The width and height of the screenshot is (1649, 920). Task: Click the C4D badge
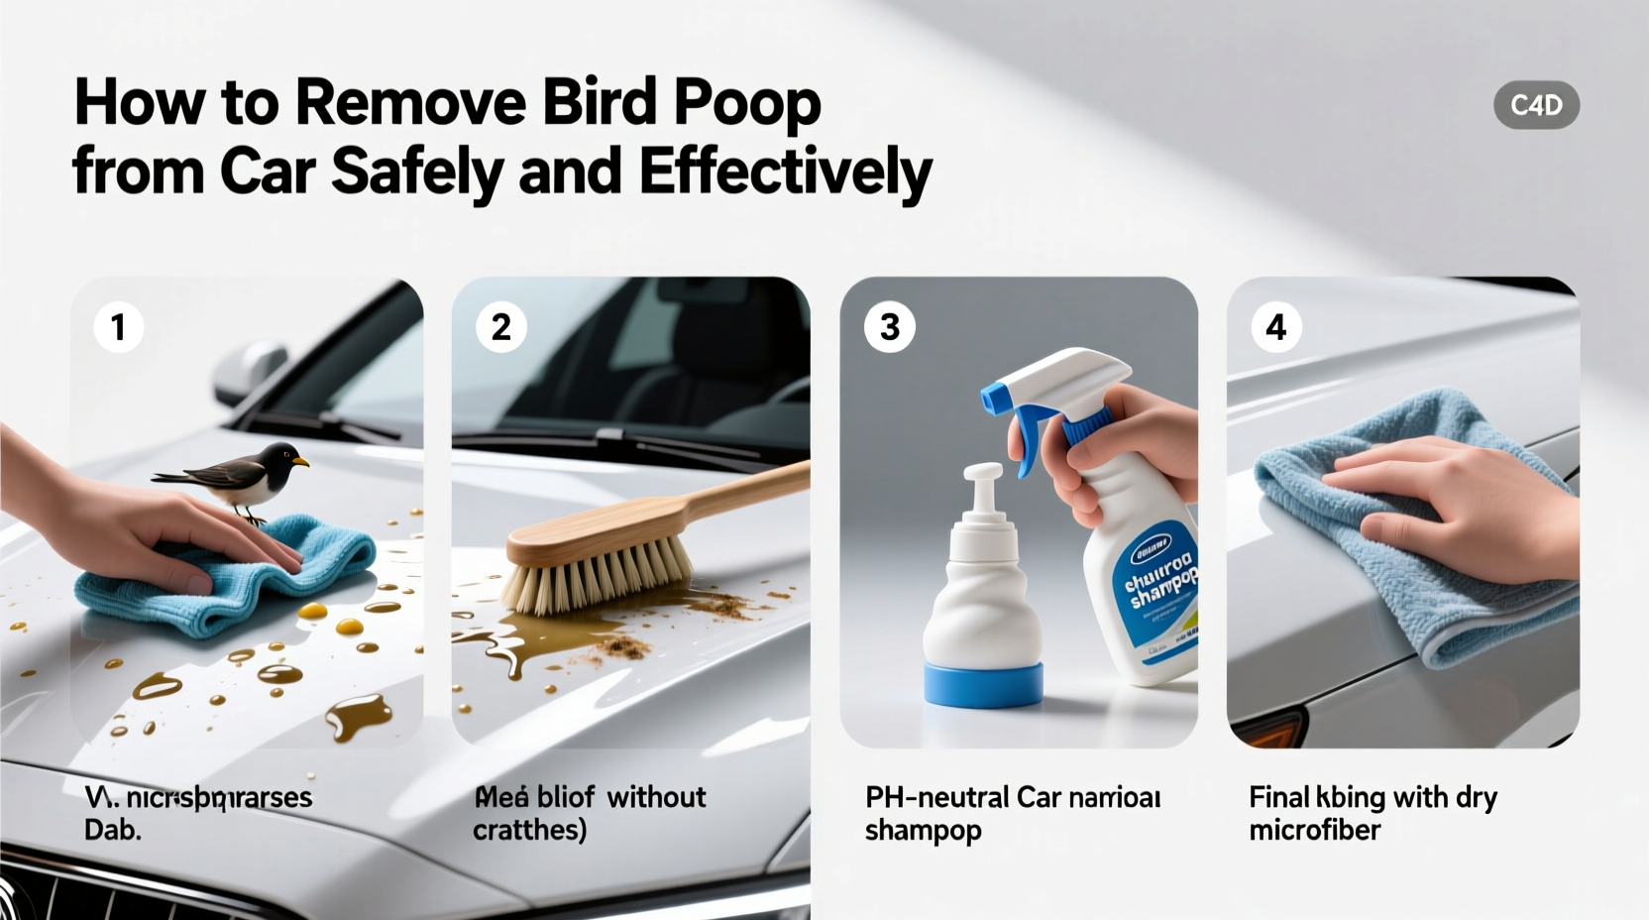(1536, 105)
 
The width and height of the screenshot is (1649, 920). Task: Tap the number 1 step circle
(119, 327)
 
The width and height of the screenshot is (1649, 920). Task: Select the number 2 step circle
(501, 327)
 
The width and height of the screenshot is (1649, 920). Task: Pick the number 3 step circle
(889, 327)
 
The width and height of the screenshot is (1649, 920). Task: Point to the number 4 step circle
(1276, 327)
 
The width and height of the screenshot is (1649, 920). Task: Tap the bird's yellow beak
(299, 461)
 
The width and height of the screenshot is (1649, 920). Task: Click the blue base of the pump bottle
(983, 684)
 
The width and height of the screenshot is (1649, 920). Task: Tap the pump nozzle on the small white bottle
(983, 476)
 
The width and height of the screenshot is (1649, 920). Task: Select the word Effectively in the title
(786, 172)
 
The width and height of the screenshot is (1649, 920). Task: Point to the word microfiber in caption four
(1314, 830)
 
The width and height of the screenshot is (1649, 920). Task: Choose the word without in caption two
(656, 797)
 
